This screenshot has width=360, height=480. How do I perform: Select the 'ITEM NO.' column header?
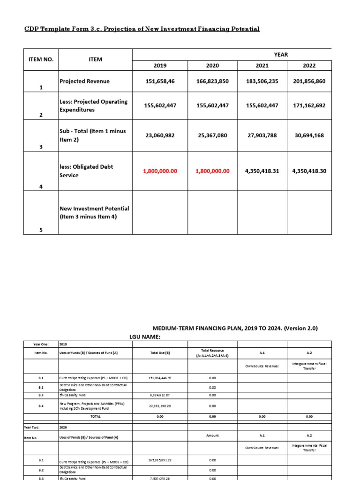tap(41, 60)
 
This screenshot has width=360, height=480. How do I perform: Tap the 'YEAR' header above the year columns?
tap(281, 54)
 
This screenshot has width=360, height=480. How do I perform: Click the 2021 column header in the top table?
tap(262, 66)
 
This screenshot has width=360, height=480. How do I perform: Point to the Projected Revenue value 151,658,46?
tap(160, 81)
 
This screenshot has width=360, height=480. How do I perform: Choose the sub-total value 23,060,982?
tap(160, 135)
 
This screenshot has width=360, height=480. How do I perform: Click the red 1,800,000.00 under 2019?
tap(160, 171)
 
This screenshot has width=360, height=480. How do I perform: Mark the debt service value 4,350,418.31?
tap(262, 171)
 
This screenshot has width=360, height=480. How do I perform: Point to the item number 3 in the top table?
tap(41, 147)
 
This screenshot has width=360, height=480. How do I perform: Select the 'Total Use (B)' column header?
tap(160, 352)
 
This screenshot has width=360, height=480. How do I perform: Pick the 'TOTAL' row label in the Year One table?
tap(95, 416)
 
